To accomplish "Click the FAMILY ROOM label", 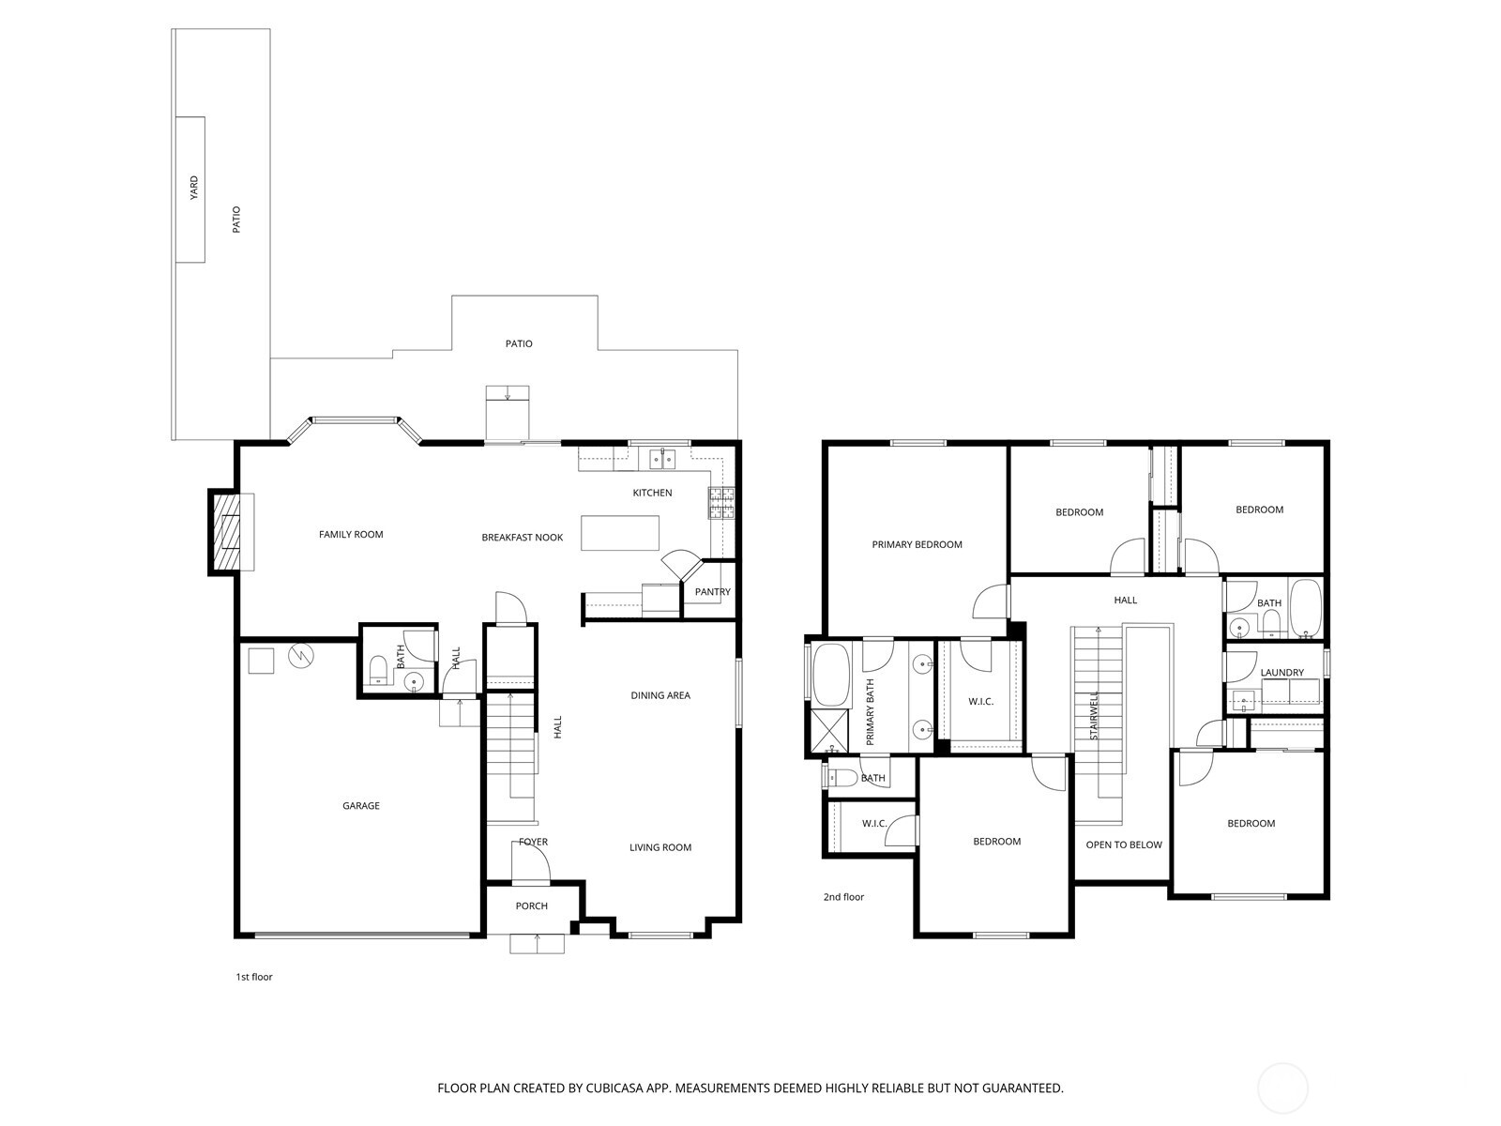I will [351, 535].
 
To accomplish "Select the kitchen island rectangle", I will [619, 533].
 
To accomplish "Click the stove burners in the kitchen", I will [721, 504].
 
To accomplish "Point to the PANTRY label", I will [712, 592].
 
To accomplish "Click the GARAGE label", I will [360, 806].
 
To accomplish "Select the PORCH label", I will [531, 906].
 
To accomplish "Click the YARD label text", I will [194, 188].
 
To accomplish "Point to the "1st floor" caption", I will [253, 977].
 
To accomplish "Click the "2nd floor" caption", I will [843, 897].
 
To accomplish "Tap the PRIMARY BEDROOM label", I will [917, 544].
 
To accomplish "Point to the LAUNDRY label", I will [1281, 673].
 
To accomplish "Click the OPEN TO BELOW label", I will [1123, 844].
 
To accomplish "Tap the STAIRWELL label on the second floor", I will [1094, 715].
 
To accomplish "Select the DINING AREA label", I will [660, 695].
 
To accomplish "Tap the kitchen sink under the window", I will [662, 459].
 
